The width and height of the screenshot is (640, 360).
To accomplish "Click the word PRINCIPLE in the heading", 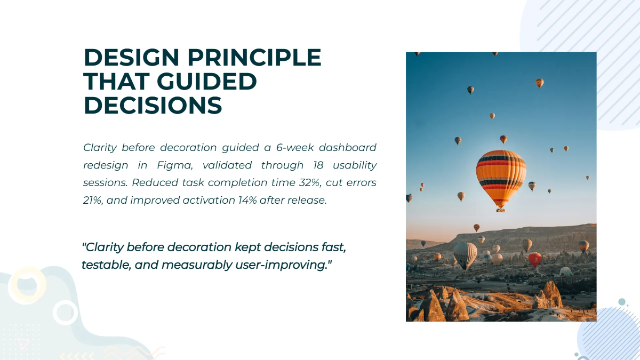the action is tap(254, 57).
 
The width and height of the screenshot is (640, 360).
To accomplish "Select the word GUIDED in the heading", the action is tap(206, 81).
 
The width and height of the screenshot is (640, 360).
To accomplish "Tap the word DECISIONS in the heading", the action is tap(153, 106).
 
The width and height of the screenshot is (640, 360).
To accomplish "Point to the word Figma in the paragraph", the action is tap(174, 165).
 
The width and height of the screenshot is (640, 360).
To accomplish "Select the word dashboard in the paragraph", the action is tap(348, 147).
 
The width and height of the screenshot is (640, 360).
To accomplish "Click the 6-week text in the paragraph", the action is tap(295, 147).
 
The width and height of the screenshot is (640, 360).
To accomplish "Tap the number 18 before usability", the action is tap(318, 165).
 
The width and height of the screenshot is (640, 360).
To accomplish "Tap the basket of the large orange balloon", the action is tap(501, 211).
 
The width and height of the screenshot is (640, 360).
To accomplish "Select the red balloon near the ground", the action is tap(535, 259).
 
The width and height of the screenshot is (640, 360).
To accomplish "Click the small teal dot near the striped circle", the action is tap(622, 302).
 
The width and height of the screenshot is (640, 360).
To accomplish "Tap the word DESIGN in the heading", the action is tap(131, 57).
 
